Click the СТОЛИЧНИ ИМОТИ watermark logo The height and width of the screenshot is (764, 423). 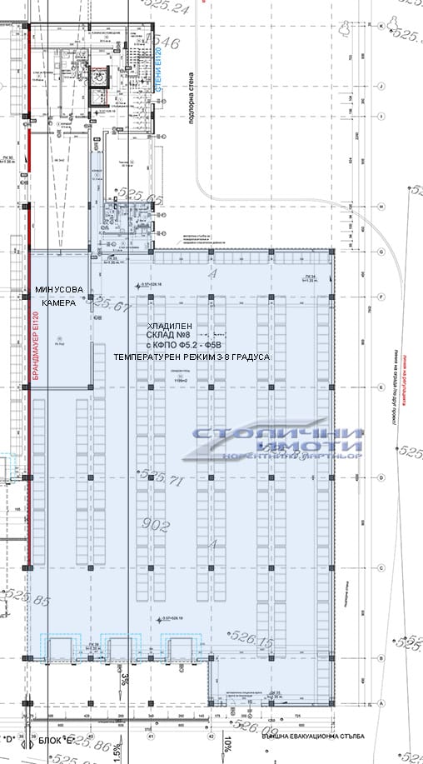pyautogui.click(x=276, y=444)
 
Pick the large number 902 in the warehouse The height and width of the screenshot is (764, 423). pyautogui.click(x=155, y=527)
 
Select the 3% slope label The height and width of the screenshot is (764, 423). pyautogui.click(x=124, y=678)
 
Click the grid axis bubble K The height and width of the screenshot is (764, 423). pyautogui.click(x=381, y=27)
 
